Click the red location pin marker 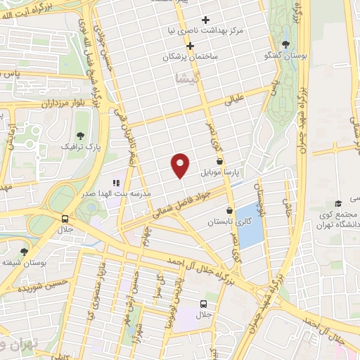(x=181, y=165)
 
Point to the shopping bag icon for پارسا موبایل (x=220, y=161)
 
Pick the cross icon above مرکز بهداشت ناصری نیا (x=205, y=20)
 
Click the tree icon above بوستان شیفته (x=25, y=251)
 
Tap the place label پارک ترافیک (x=75, y=148)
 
